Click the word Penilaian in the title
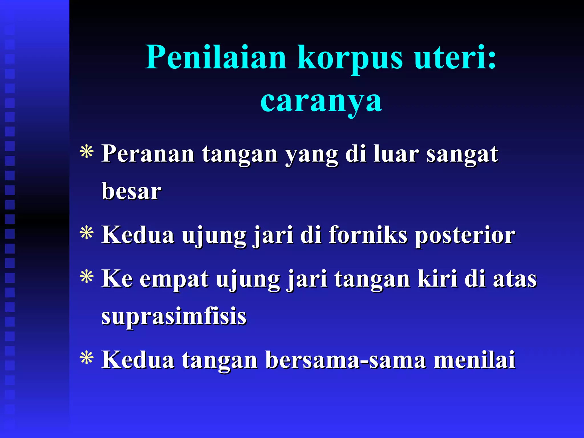[216, 58]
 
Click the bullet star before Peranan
[87, 152]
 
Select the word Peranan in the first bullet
[148, 154]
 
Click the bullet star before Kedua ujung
[87, 233]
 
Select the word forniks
[368, 235]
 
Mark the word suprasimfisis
[174, 317]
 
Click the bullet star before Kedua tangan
[87, 358]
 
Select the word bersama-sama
[346, 360]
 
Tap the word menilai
[474, 360]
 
